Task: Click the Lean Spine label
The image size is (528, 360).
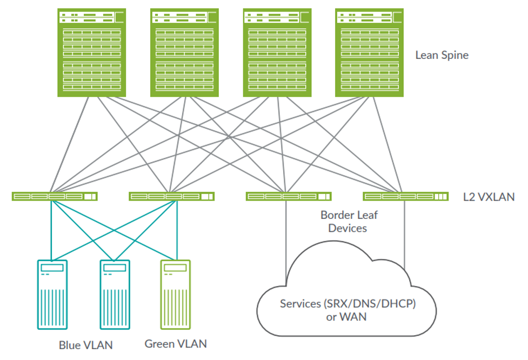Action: [x=442, y=55]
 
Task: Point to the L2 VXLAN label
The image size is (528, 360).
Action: [x=489, y=197]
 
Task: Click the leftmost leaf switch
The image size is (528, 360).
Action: [x=55, y=196]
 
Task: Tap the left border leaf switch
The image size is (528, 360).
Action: [x=288, y=196]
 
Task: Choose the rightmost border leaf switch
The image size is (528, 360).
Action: [x=405, y=196]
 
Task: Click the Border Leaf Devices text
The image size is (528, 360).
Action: [x=349, y=222]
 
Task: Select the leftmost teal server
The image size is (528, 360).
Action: [x=52, y=294]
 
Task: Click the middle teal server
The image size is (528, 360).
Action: [x=115, y=294]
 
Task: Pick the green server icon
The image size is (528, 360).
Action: [x=176, y=294]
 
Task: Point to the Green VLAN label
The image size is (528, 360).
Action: [x=176, y=344]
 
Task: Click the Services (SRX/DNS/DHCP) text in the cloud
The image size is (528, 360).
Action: [x=347, y=304]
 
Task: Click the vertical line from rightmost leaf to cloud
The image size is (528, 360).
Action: [x=405, y=232]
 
